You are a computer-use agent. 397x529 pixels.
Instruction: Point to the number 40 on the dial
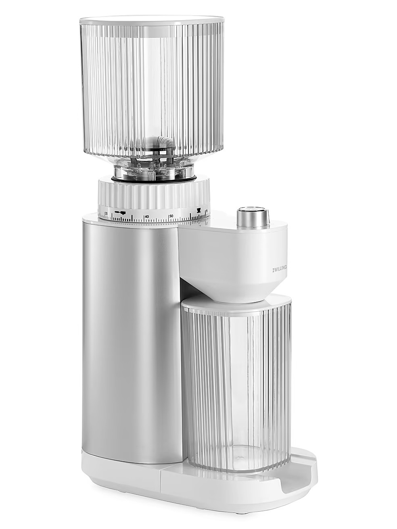147,217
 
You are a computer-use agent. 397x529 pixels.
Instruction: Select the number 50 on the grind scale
171,216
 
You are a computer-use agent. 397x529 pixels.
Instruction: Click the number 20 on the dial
106,214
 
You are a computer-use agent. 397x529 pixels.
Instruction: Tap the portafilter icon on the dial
120,212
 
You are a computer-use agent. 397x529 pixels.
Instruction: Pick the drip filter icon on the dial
198,210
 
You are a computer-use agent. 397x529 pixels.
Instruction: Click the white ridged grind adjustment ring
153,194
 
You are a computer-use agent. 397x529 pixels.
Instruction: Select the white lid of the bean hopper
151,20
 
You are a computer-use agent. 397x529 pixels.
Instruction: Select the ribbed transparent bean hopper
151,89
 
